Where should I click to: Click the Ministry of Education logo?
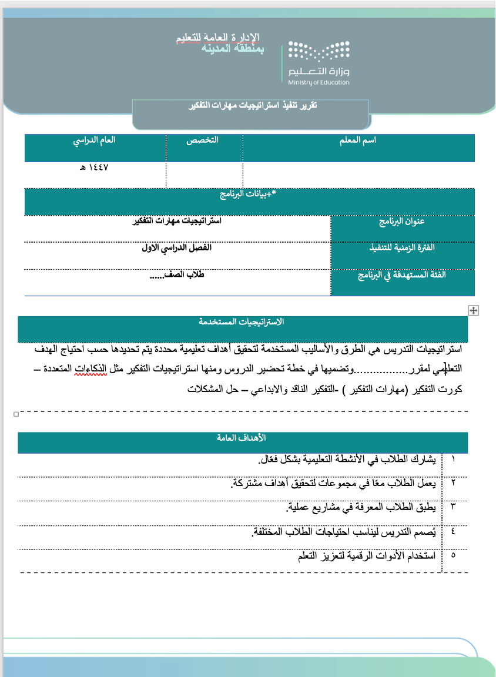click(319, 63)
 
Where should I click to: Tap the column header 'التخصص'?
click(203, 141)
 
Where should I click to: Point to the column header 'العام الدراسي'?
click(94, 141)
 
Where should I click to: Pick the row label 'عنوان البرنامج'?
click(402, 222)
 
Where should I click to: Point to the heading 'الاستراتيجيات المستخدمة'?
click(242, 322)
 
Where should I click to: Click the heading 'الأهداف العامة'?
click(242, 438)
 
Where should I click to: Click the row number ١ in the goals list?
click(453, 458)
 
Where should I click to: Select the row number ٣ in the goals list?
click(453, 506)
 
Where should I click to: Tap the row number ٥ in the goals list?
click(453, 555)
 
